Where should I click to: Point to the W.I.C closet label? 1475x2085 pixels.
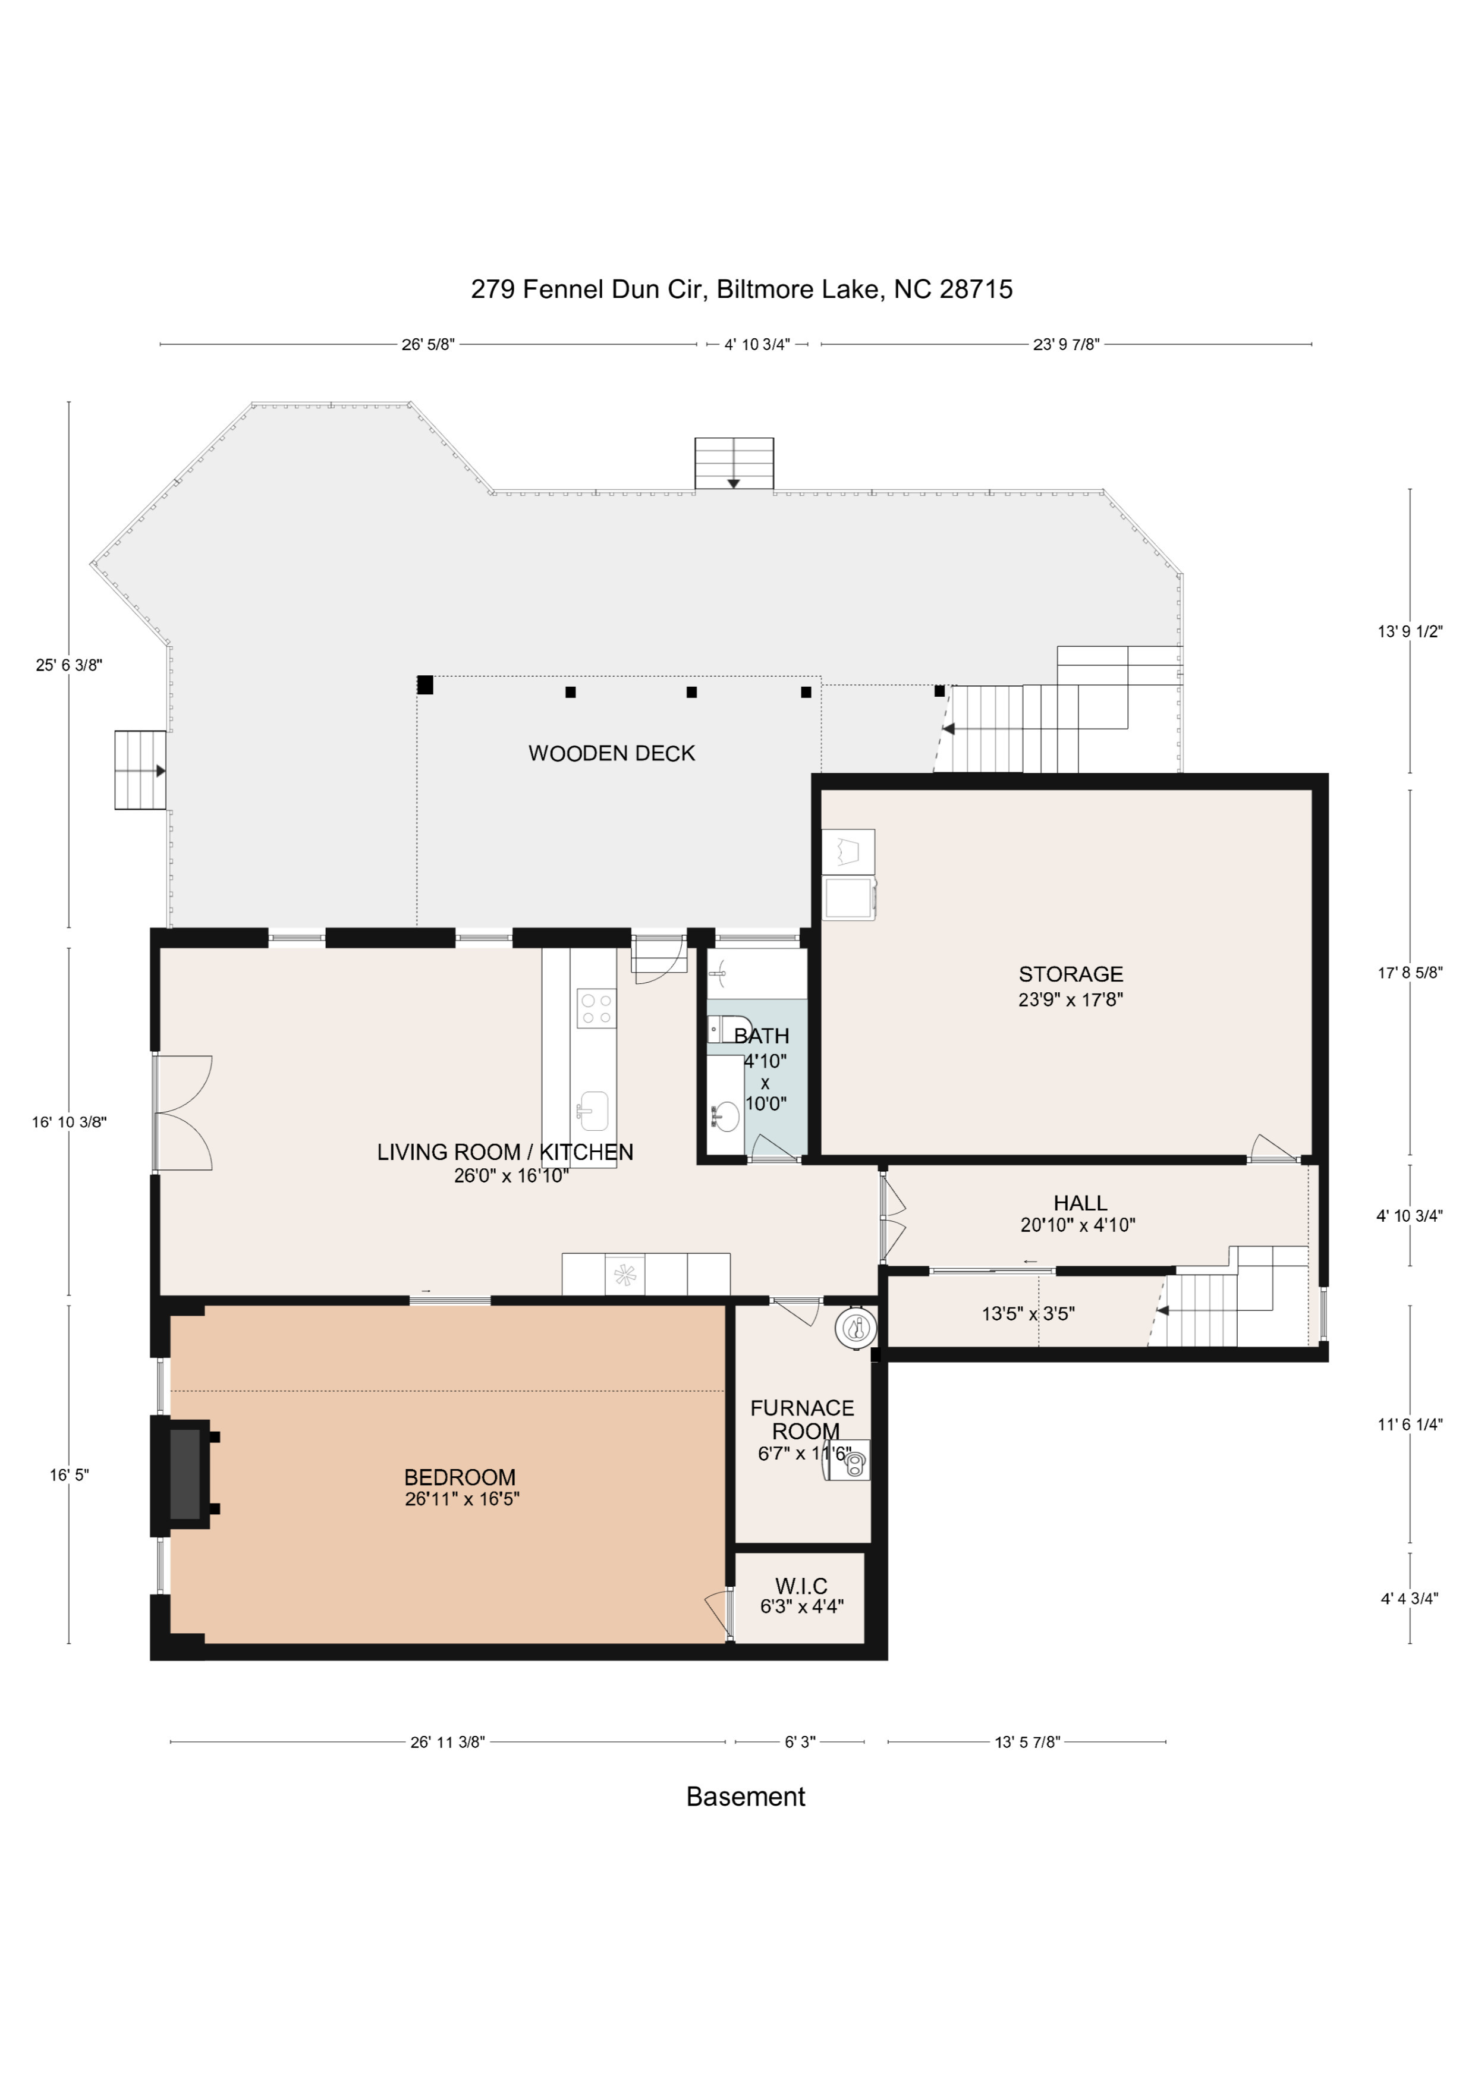point(801,1586)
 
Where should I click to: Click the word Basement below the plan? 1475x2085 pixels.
point(746,1797)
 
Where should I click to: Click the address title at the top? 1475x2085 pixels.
point(741,289)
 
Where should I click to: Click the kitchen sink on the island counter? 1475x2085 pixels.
point(593,1111)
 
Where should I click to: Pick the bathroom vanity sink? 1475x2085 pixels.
point(725,1116)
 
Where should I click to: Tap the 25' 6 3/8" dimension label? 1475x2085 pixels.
point(69,665)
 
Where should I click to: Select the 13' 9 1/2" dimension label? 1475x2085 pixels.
point(1410,631)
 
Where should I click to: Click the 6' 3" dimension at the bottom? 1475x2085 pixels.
point(800,1742)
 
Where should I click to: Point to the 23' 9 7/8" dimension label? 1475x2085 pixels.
point(1067,344)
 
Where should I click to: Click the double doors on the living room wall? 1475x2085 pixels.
point(183,1112)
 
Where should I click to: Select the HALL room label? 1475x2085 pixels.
point(1080,1202)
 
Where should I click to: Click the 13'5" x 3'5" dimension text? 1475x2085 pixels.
point(1028,1313)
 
